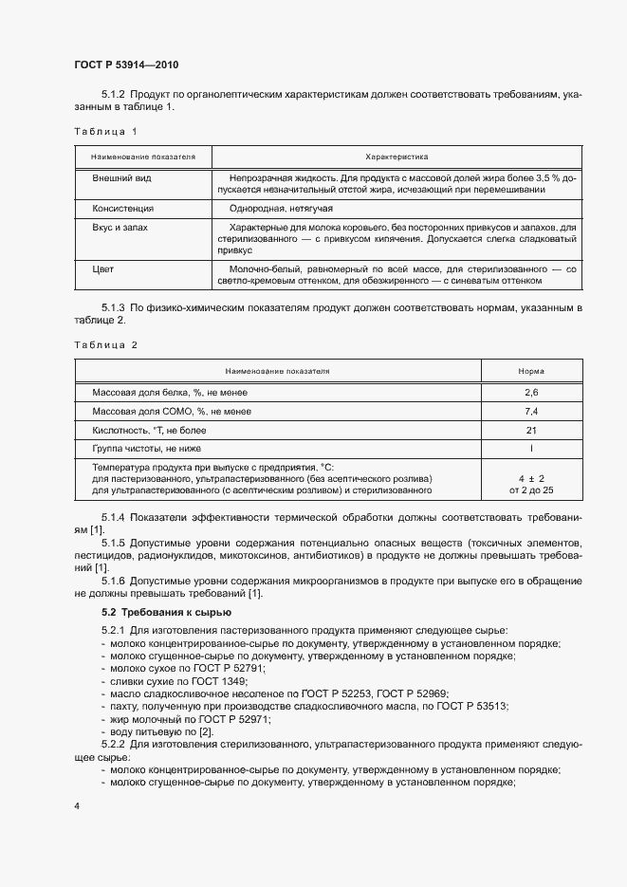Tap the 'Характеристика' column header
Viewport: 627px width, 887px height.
click(397, 156)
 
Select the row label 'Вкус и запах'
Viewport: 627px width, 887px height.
click(120, 229)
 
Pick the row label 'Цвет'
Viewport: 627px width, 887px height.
click(102, 269)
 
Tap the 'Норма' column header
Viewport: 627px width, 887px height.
click(531, 371)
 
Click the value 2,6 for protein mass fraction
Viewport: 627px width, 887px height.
click(531, 392)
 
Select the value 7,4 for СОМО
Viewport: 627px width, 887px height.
click(531, 411)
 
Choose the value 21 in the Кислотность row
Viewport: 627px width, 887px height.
click(531, 430)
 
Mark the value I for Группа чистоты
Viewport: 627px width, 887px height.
click(531, 448)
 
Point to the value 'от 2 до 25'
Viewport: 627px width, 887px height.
click(531, 490)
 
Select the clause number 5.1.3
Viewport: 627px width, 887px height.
click(113, 309)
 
